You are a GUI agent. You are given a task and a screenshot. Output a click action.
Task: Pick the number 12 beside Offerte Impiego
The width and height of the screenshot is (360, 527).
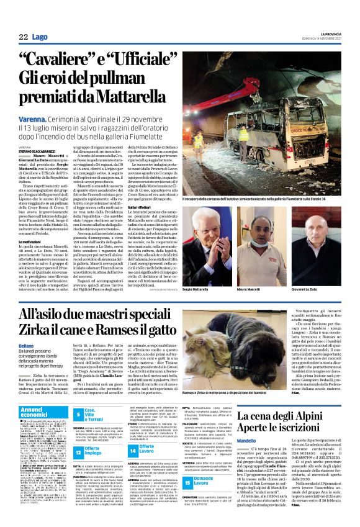coord(79,453)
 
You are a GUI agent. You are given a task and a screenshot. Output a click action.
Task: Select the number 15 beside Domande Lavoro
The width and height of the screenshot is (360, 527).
coord(170,497)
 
